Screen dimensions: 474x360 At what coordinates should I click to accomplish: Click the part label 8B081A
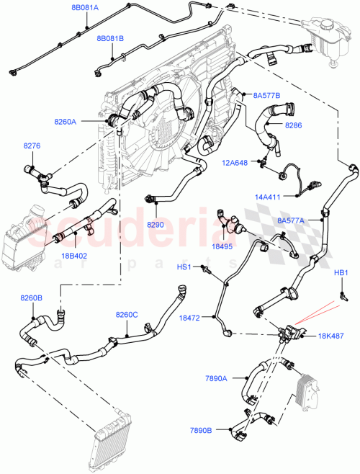[85, 7]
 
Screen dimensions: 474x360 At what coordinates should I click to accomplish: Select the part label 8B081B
[110, 38]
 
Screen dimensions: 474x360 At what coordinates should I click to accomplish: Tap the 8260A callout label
[65, 122]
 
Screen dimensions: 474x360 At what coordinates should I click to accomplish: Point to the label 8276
[32, 146]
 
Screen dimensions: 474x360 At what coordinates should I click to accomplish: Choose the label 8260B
[31, 298]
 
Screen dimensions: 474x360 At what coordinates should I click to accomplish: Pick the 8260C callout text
[127, 314]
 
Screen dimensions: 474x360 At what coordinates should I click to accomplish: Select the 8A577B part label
[266, 95]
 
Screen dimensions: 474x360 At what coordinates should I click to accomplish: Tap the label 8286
[294, 125]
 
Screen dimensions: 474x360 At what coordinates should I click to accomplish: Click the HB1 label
[341, 273]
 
